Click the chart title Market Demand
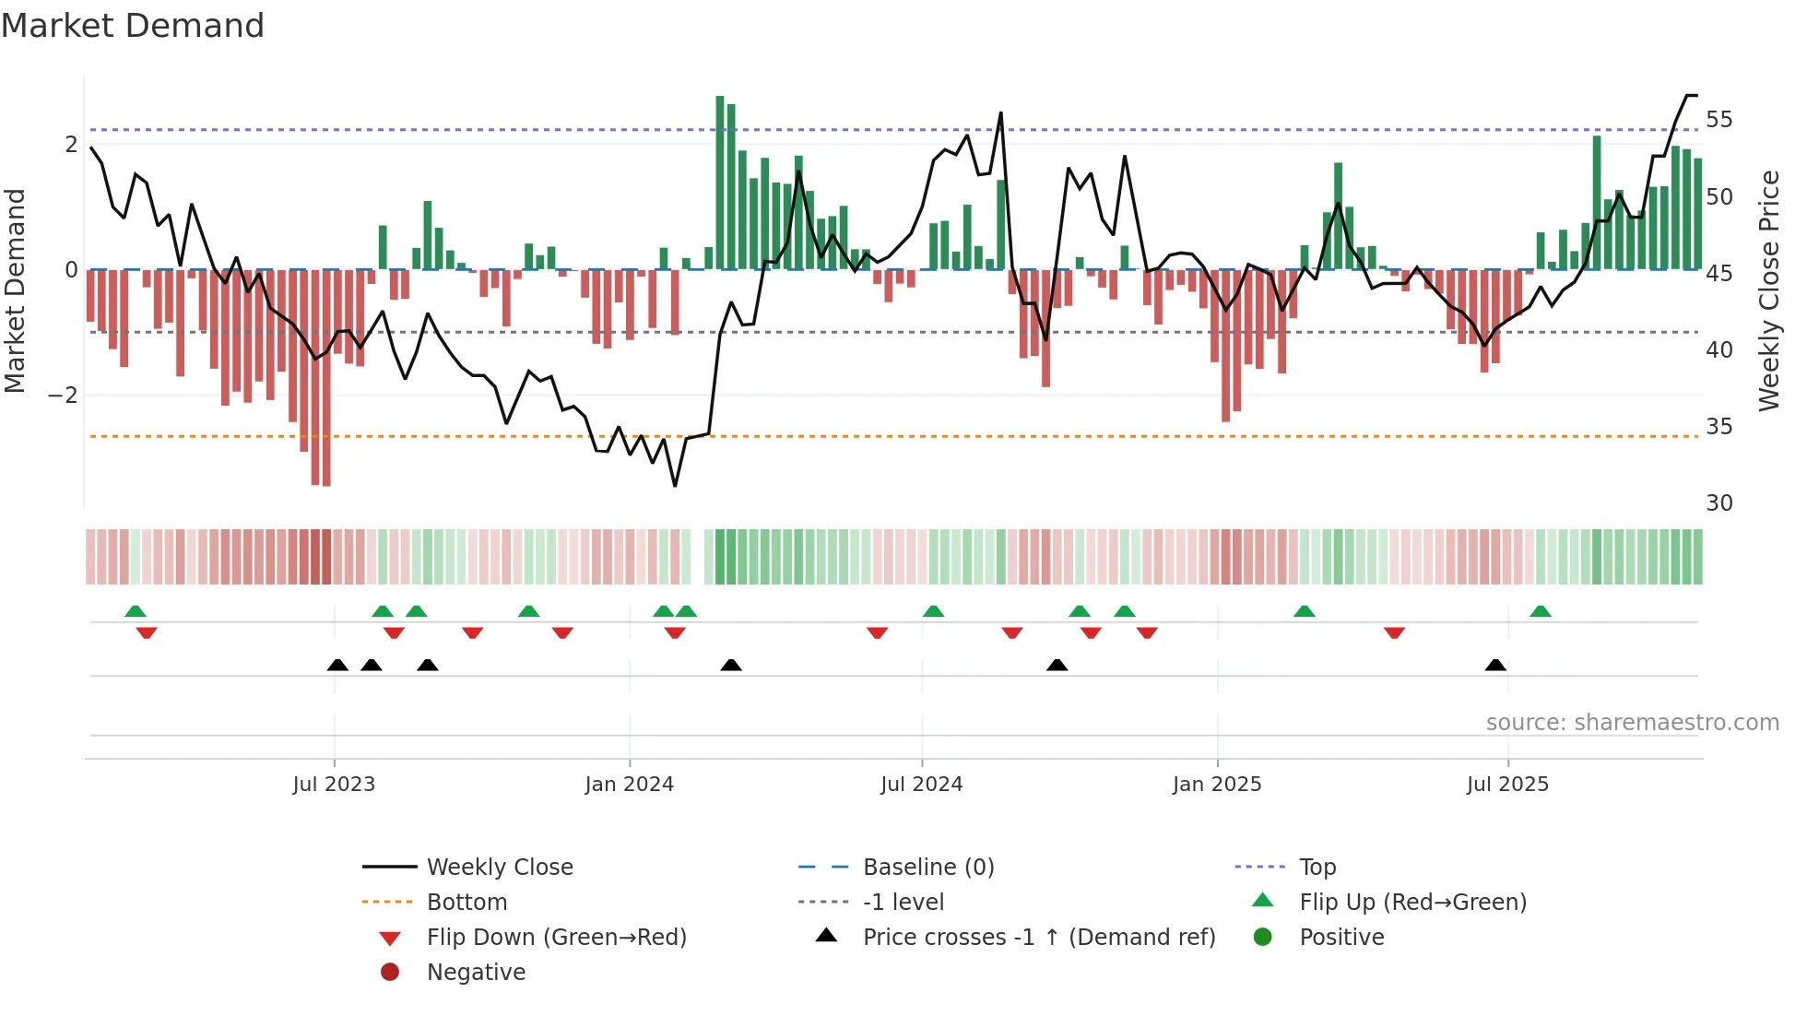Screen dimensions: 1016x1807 (x=133, y=26)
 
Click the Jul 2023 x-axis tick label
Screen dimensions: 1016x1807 (x=334, y=785)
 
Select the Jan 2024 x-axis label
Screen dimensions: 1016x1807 (x=630, y=785)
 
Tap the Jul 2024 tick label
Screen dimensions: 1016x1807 (x=922, y=785)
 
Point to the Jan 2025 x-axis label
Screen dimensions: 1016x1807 (x=1217, y=785)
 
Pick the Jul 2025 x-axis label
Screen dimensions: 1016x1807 (x=1508, y=785)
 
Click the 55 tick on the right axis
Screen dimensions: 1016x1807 (x=1718, y=120)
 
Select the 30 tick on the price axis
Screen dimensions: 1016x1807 (x=1718, y=503)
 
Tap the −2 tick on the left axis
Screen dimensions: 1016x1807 (x=63, y=396)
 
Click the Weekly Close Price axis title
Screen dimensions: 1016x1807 (x=1768, y=290)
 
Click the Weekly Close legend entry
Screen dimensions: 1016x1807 (x=499, y=868)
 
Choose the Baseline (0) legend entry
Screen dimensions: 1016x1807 (x=927, y=868)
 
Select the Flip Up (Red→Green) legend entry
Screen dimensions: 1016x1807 (x=1412, y=903)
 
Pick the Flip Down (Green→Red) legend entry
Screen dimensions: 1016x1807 (x=556, y=938)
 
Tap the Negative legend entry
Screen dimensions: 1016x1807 (x=476, y=973)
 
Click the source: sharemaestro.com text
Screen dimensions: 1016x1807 (x=1632, y=723)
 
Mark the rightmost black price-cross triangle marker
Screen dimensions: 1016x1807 (x=1495, y=665)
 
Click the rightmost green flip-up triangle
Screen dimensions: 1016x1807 (x=1541, y=611)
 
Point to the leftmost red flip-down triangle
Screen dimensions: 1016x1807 (x=147, y=632)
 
